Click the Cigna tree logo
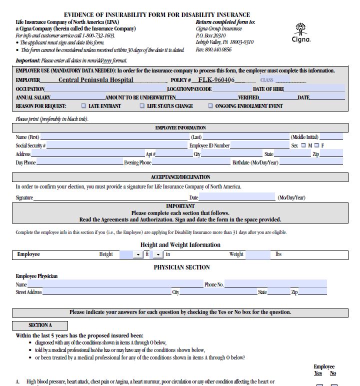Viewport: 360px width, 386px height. (301, 29)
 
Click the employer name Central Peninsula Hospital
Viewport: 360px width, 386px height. (96, 80)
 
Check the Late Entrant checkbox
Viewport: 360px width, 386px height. (83, 106)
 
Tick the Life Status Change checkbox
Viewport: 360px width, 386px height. (142, 106)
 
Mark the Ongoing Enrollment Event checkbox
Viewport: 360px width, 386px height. (210, 106)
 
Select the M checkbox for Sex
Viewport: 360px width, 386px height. (302, 145)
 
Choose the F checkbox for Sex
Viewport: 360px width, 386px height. (316, 145)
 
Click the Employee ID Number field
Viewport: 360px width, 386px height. (260, 145)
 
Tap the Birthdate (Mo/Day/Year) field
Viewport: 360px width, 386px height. (310, 162)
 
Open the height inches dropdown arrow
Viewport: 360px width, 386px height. (158, 254)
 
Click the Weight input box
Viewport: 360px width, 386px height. (257, 254)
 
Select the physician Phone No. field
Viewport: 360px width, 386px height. (275, 284)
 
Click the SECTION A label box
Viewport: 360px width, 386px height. (40, 325)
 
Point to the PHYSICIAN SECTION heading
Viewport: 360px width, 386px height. (181, 267)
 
